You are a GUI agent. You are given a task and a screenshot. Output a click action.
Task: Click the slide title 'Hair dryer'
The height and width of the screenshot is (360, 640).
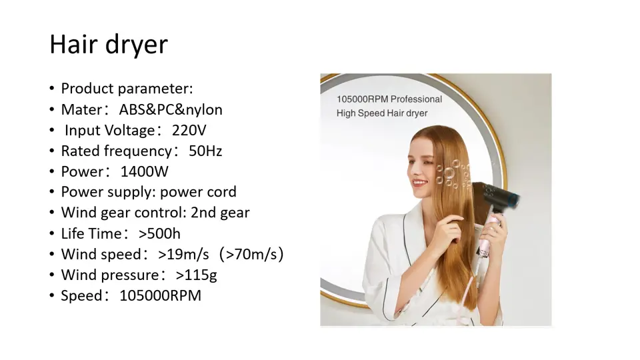tap(109, 45)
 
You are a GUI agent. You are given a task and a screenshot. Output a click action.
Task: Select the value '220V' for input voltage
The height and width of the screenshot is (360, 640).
tap(189, 130)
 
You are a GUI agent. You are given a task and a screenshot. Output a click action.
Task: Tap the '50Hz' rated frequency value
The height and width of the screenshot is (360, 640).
tap(205, 151)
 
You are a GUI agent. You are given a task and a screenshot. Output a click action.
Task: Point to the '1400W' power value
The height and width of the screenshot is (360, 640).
tap(144, 171)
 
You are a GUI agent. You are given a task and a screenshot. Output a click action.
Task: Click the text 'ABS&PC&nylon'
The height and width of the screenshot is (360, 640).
tap(171, 110)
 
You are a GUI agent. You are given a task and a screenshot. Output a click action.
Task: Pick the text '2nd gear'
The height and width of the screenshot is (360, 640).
tap(220, 213)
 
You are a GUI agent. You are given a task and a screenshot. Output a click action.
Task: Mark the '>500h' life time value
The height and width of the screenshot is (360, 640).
tap(159, 233)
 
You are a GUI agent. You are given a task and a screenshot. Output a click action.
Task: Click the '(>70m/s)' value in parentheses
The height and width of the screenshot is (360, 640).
tap(251, 254)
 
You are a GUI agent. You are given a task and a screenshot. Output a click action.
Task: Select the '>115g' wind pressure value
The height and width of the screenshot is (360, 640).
tap(196, 275)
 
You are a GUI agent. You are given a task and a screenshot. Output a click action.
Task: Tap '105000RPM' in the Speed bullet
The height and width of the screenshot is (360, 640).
tap(161, 295)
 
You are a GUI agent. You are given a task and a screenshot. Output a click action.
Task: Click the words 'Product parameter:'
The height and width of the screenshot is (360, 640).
tap(127, 89)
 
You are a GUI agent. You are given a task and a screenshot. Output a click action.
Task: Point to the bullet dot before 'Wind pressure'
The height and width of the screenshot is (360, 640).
tap(52, 275)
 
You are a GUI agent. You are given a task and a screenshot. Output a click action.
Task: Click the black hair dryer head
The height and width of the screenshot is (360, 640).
tap(497, 196)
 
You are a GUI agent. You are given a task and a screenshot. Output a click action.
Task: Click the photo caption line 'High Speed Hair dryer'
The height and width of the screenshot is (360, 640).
tap(382, 113)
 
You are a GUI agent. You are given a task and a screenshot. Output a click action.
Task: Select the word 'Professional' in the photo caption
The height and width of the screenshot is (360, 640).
tap(416, 99)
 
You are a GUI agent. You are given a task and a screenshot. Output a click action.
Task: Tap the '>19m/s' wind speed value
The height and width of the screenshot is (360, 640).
tap(184, 254)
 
